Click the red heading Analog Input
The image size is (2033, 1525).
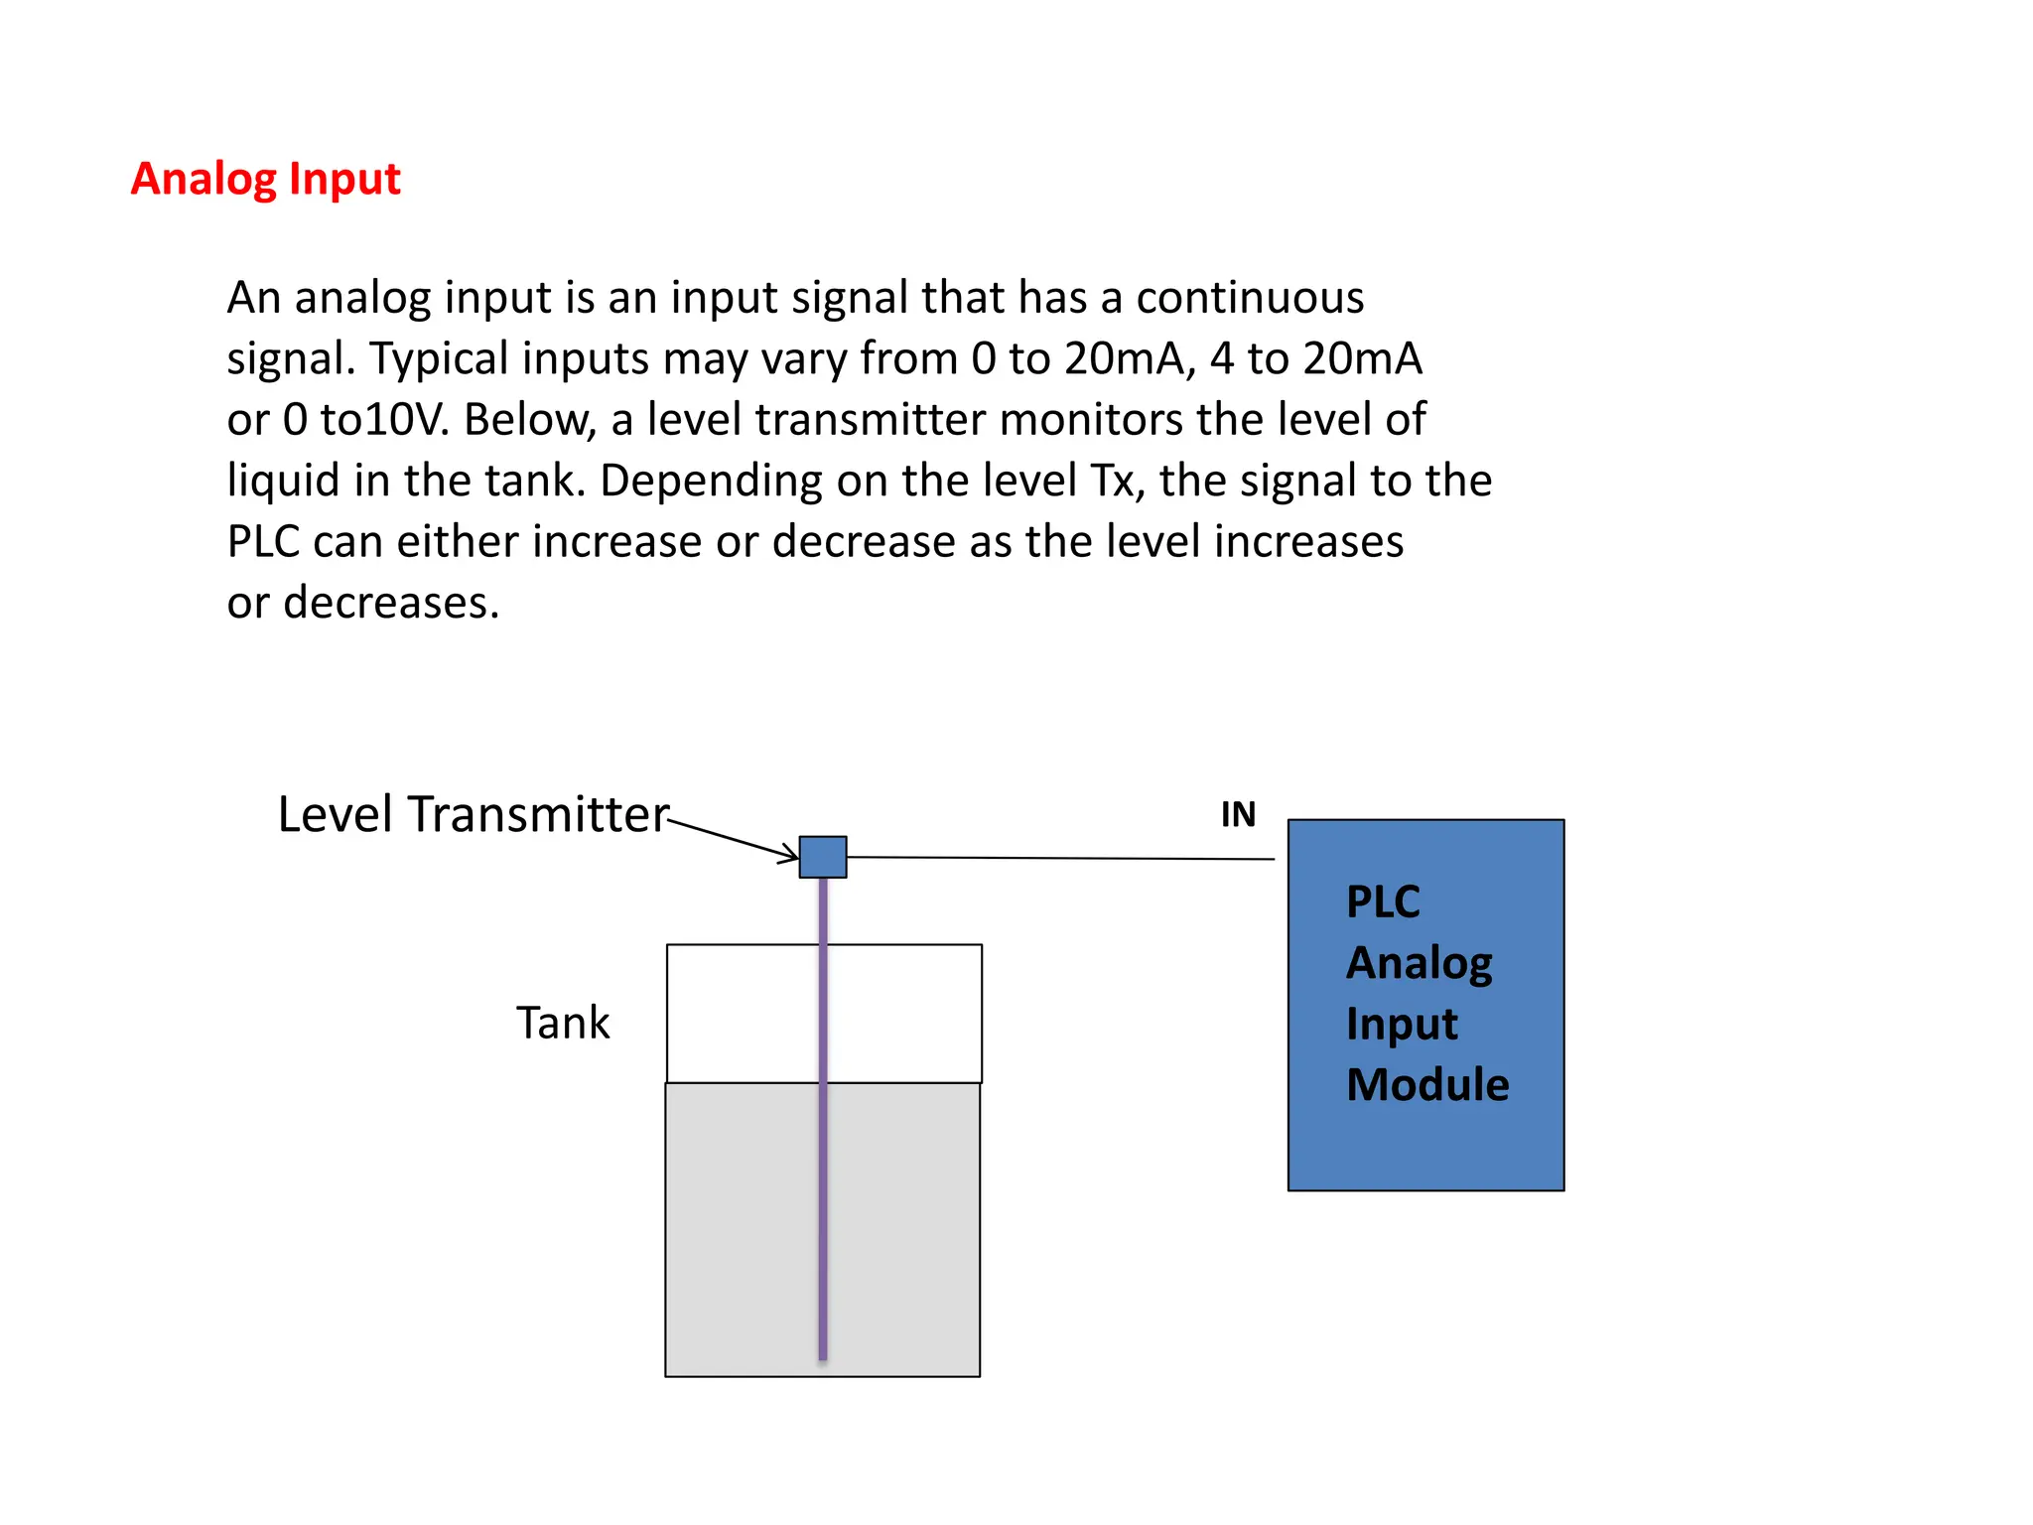pyautogui.click(x=265, y=180)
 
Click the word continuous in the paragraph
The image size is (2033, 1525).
pyautogui.click(x=1250, y=298)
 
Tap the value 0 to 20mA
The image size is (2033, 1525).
pyautogui.click(x=1082, y=358)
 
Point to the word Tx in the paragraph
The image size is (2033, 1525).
pyautogui.click(x=1112, y=481)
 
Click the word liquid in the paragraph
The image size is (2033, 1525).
pyautogui.click(x=283, y=481)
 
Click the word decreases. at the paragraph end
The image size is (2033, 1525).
pyautogui.click(x=391, y=603)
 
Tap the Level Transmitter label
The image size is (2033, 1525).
pyautogui.click(x=473, y=814)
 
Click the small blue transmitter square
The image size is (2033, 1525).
pyautogui.click(x=823, y=857)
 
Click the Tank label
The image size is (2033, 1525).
pyautogui.click(x=563, y=1023)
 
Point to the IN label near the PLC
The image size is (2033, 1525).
pyautogui.click(x=1238, y=815)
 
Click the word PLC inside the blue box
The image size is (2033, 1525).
pyautogui.click(x=1383, y=902)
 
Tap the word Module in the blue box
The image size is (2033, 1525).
pyautogui.click(x=1427, y=1084)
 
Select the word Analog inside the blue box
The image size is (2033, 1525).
pyautogui.click(x=1419, y=963)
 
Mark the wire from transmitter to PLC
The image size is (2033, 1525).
pyautogui.click(x=1062, y=858)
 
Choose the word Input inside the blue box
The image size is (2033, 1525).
pyautogui.click(x=1402, y=1024)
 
